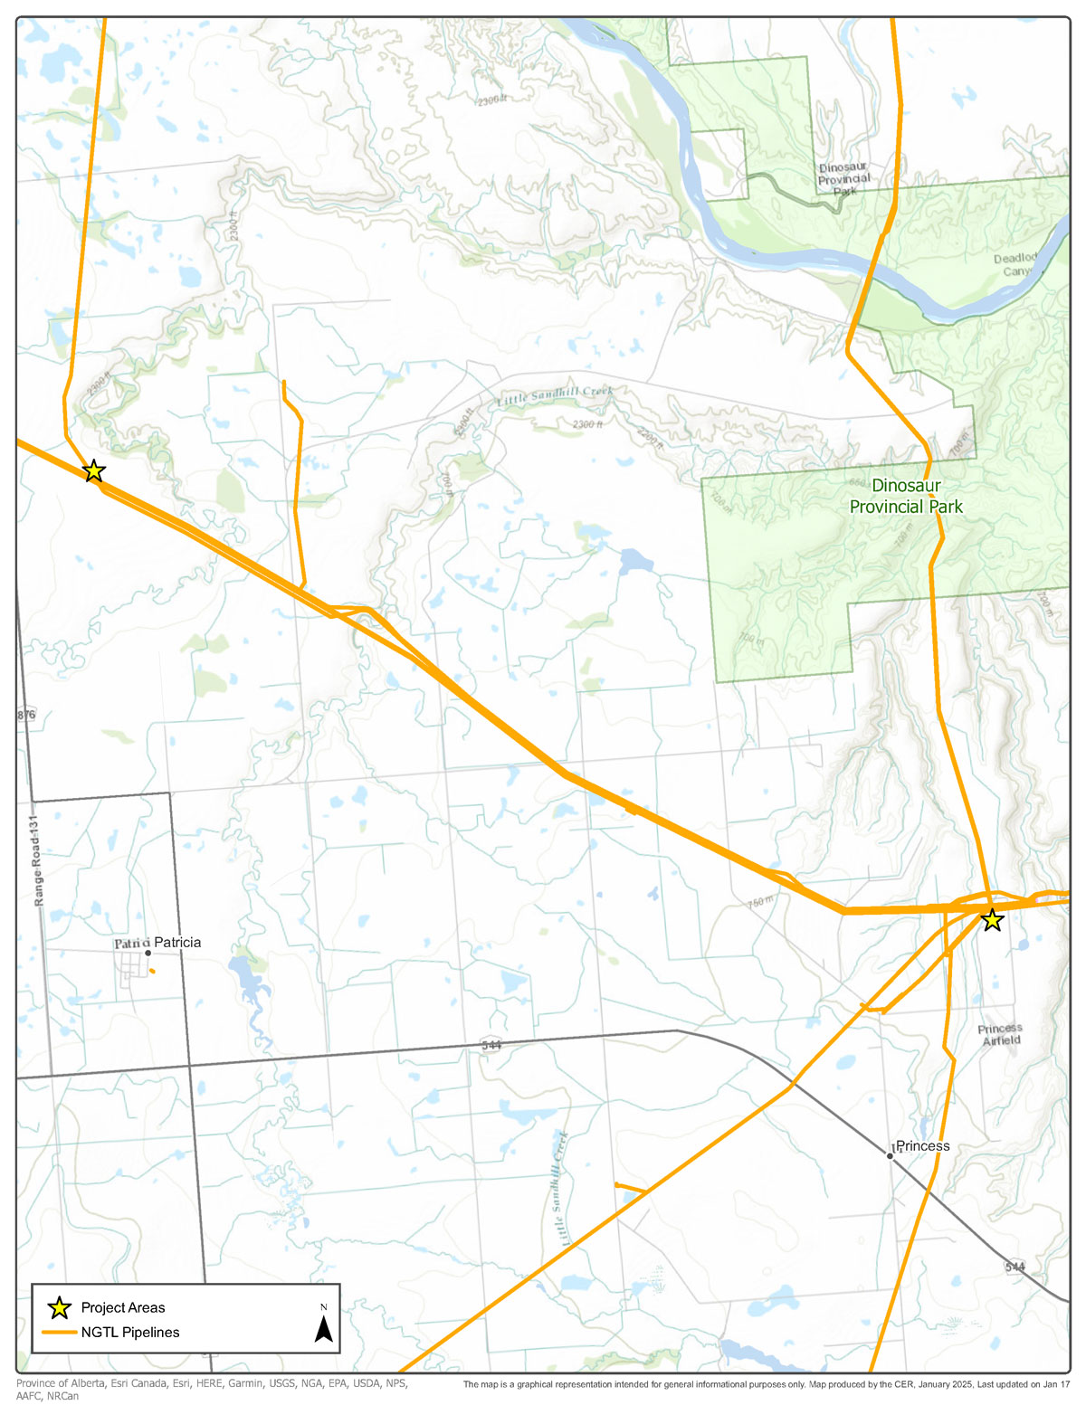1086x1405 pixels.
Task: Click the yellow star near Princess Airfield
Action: [992, 920]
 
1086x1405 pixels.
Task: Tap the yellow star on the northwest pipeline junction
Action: [93, 471]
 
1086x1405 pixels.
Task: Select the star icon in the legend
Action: [60, 1307]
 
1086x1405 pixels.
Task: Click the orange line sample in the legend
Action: [60, 1332]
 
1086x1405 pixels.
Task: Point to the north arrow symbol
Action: [323, 1327]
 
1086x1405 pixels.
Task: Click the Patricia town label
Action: [177, 942]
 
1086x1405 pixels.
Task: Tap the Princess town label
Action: [923, 1145]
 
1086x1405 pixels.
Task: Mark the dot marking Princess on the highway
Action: [891, 1156]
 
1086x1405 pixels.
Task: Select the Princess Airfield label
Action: [1001, 1034]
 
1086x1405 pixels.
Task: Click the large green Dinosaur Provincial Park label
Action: [906, 496]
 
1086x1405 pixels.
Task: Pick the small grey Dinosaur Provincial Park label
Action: [843, 179]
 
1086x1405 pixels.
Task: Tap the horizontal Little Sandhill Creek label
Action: [555, 396]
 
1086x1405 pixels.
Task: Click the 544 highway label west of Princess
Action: [491, 1044]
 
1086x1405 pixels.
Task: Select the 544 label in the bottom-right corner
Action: [1015, 1267]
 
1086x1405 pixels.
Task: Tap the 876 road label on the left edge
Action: [25, 715]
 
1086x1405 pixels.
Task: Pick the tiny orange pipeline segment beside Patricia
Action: [152, 971]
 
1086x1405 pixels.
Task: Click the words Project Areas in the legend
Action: [123, 1307]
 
